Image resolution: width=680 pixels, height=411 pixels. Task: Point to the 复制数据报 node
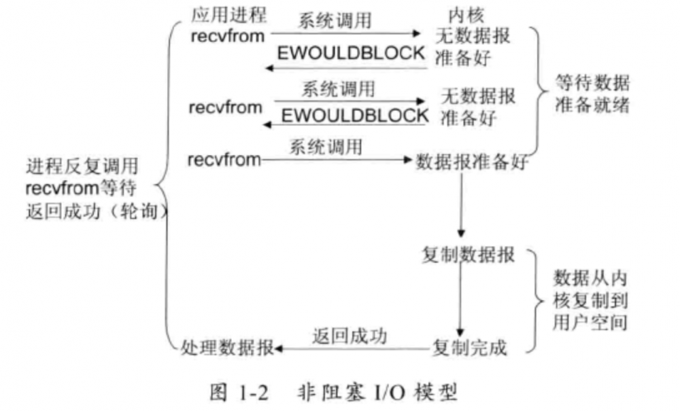tap(469, 256)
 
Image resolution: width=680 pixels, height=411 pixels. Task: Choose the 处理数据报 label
tap(227, 349)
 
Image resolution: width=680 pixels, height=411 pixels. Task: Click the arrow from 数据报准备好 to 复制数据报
tap(462, 204)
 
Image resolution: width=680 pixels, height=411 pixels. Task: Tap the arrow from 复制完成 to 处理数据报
tap(354, 349)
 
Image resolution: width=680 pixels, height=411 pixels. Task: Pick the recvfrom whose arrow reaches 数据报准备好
tap(224, 161)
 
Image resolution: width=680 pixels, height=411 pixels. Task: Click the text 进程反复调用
tap(82, 166)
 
